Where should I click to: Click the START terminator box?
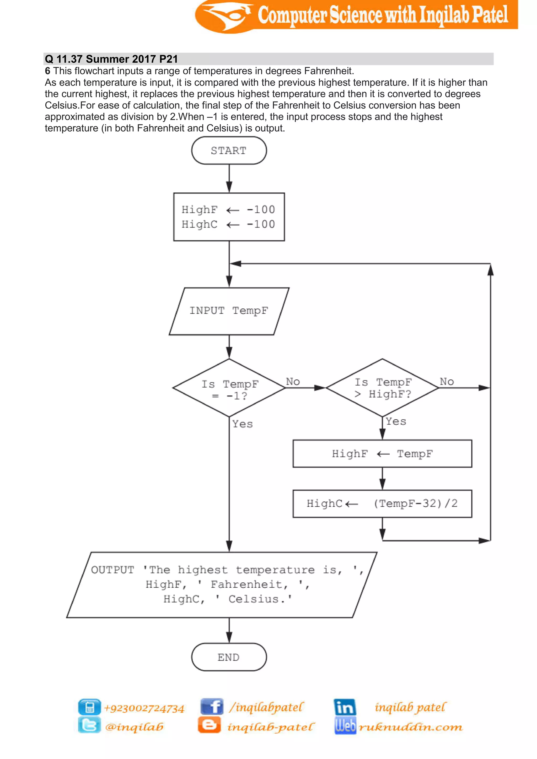229,151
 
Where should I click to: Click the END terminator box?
229,657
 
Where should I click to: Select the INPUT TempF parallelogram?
229,311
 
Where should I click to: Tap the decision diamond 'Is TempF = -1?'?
229,388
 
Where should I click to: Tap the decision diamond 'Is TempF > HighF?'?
382,388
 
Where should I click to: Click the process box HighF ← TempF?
382,454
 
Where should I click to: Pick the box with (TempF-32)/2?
382,503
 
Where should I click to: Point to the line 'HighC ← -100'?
228,224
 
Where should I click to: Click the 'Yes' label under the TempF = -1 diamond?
242,424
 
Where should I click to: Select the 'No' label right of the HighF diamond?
447,382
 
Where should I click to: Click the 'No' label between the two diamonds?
293,382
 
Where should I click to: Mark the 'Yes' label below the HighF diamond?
396,421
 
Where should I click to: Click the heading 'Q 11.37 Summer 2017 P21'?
111,59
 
